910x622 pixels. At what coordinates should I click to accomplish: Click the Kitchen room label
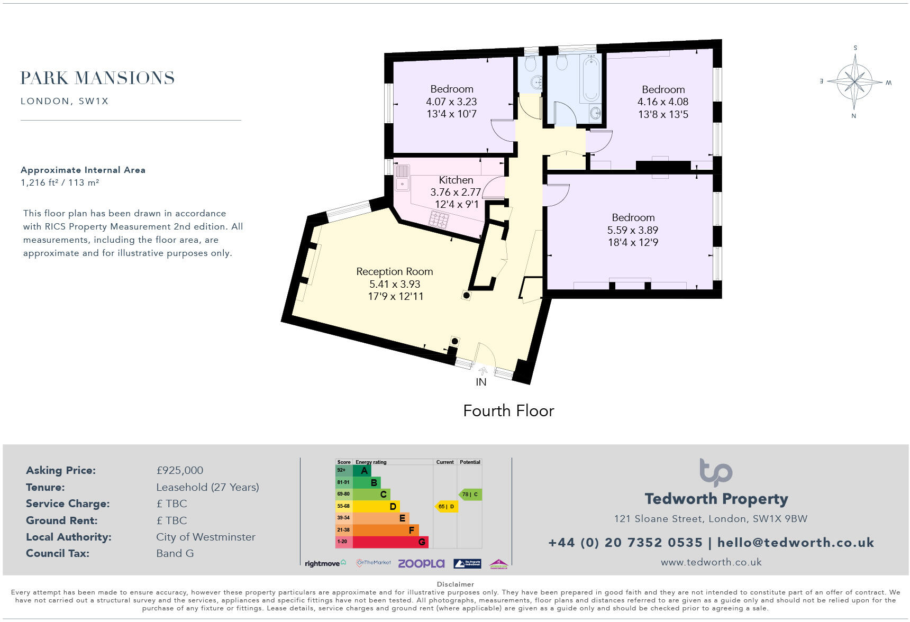click(x=456, y=180)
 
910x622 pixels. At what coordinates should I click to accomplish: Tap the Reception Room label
click(x=395, y=271)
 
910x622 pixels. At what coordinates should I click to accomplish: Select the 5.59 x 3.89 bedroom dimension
click(x=633, y=230)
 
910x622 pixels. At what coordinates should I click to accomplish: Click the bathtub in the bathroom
click(x=589, y=79)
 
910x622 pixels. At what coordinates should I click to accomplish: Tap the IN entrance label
click(x=480, y=382)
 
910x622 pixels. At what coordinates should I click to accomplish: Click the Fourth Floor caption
click(x=508, y=411)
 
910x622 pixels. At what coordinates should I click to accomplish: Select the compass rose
click(x=854, y=81)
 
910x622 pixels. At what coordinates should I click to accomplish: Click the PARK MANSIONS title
click(x=97, y=78)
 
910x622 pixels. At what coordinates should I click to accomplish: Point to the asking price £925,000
click(x=179, y=470)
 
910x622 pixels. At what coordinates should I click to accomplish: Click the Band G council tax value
click(x=175, y=553)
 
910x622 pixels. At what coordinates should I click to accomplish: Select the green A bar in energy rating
click(x=362, y=470)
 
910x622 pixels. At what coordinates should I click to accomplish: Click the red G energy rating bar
click(x=390, y=542)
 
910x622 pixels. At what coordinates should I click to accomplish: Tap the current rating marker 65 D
click(x=446, y=506)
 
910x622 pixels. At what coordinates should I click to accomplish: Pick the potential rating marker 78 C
click(x=470, y=495)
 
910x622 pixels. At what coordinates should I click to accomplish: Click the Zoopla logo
click(x=421, y=563)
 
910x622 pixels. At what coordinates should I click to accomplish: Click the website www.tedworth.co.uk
click(x=711, y=562)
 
